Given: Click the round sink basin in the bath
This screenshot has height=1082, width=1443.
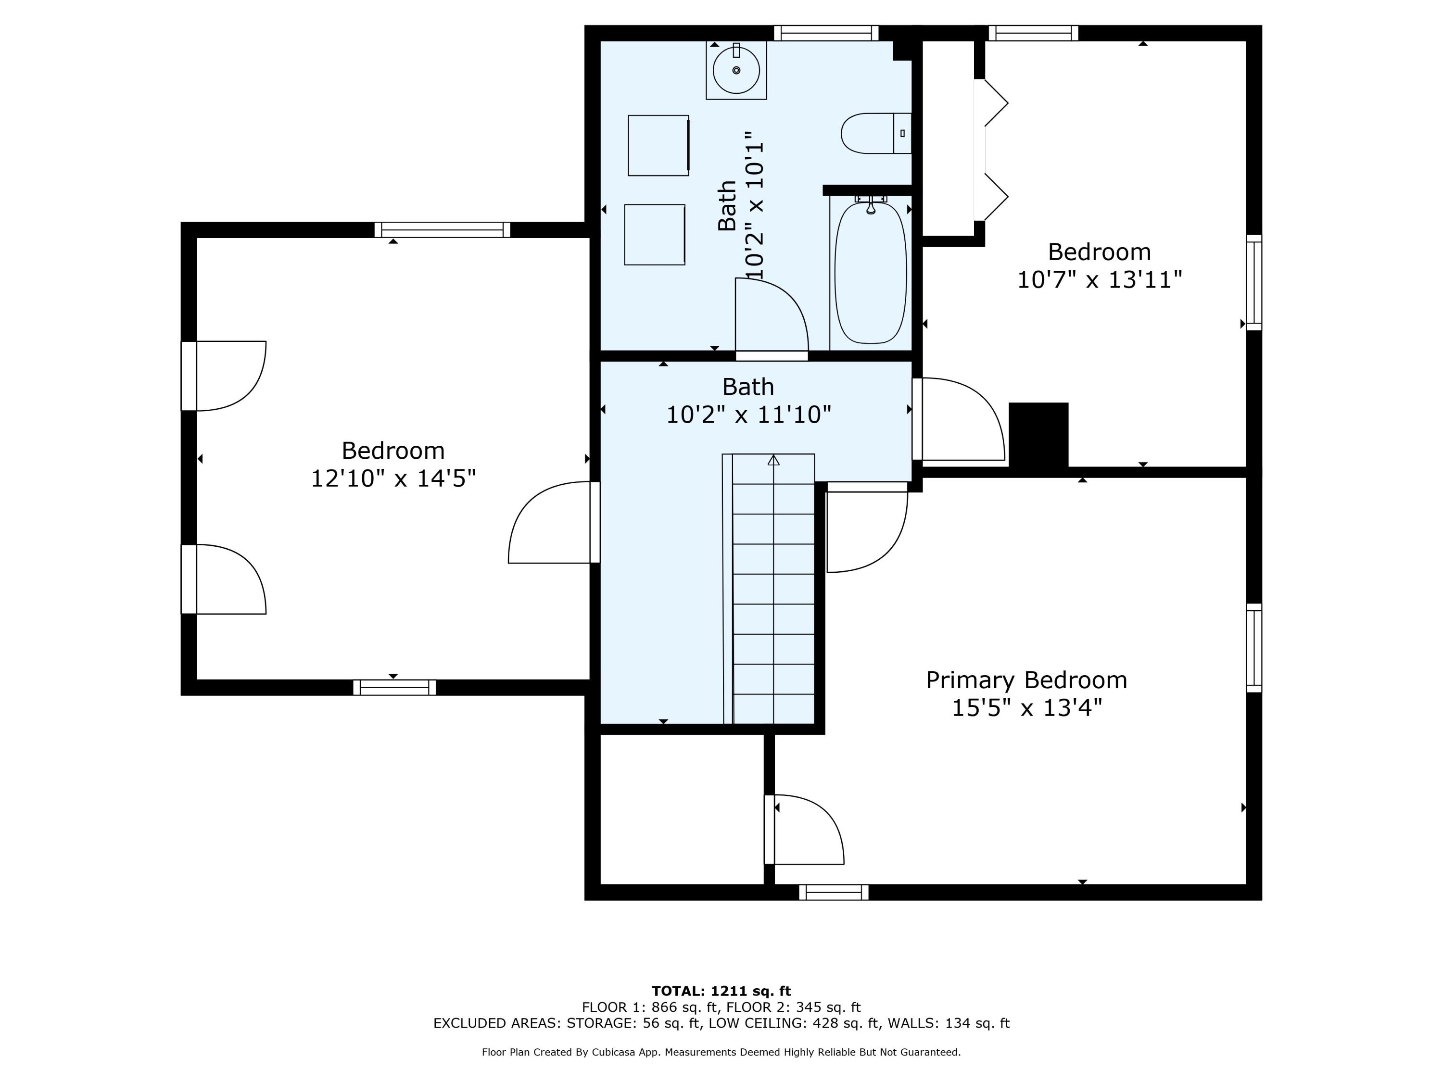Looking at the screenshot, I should pos(736,70).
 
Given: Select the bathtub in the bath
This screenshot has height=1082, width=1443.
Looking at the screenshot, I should pos(870,273).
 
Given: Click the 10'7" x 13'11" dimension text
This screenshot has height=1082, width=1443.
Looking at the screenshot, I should pos(1099,280).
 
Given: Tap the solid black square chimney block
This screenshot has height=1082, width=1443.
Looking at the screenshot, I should pos(1038,434).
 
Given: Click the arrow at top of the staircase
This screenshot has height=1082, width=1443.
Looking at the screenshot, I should pos(773,461).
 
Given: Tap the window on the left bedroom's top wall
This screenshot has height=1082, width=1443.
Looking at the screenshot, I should pos(442,229).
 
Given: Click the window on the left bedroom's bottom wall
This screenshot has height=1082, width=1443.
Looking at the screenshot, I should pos(394,687).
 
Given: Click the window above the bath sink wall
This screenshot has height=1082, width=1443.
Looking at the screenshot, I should pos(826,33).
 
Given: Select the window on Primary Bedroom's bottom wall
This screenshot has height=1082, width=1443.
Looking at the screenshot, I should pos(833,892).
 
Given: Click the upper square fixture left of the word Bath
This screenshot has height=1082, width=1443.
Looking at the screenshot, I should pos(658,145).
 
